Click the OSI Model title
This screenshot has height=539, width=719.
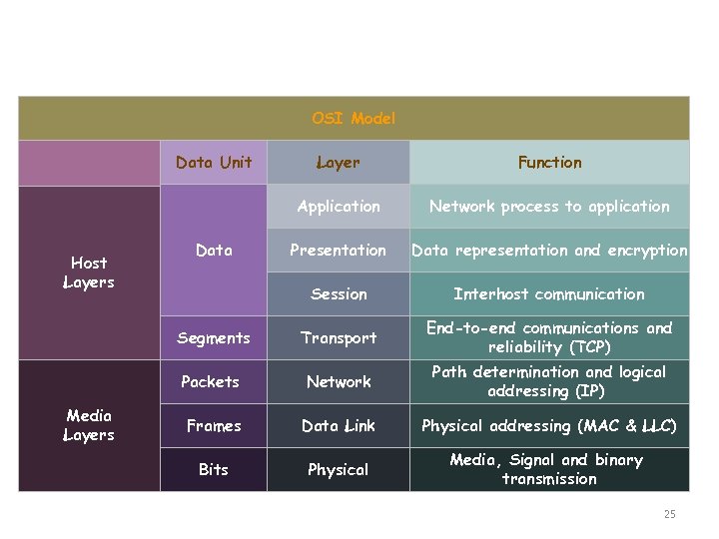(354, 118)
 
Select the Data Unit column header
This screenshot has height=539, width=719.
(214, 162)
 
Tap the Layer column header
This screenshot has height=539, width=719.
(339, 162)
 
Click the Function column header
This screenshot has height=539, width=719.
(549, 162)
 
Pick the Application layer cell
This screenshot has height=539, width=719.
(339, 206)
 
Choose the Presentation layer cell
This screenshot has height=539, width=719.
(339, 250)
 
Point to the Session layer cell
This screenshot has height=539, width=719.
(339, 293)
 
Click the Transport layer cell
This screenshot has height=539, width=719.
(339, 337)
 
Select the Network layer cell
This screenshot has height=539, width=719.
(339, 381)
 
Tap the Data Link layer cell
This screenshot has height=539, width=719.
(339, 425)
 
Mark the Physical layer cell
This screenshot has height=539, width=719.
(339, 469)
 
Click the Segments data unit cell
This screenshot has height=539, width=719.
(214, 337)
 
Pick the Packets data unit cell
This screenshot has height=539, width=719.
(211, 381)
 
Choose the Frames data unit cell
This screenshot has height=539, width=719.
(214, 425)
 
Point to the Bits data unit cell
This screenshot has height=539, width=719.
(214, 469)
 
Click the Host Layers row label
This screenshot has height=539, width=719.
(89, 272)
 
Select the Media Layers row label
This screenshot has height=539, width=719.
(89, 425)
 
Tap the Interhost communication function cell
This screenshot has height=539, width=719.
(549, 293)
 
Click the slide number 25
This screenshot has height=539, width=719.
(669, 514)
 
